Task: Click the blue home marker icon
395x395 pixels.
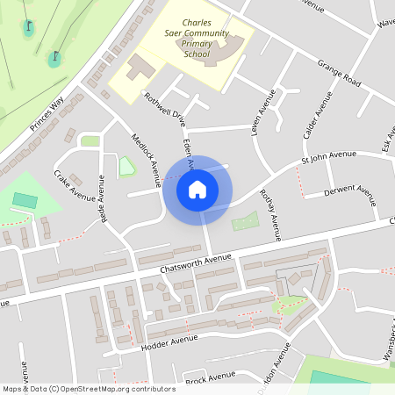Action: tap(197, 189)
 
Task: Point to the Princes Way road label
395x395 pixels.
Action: tap(47, 112)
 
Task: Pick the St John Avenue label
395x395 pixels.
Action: tap(329, 156)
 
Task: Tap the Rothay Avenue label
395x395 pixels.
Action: tap(269, 216)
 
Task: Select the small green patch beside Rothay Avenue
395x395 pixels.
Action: tap(245, 220)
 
